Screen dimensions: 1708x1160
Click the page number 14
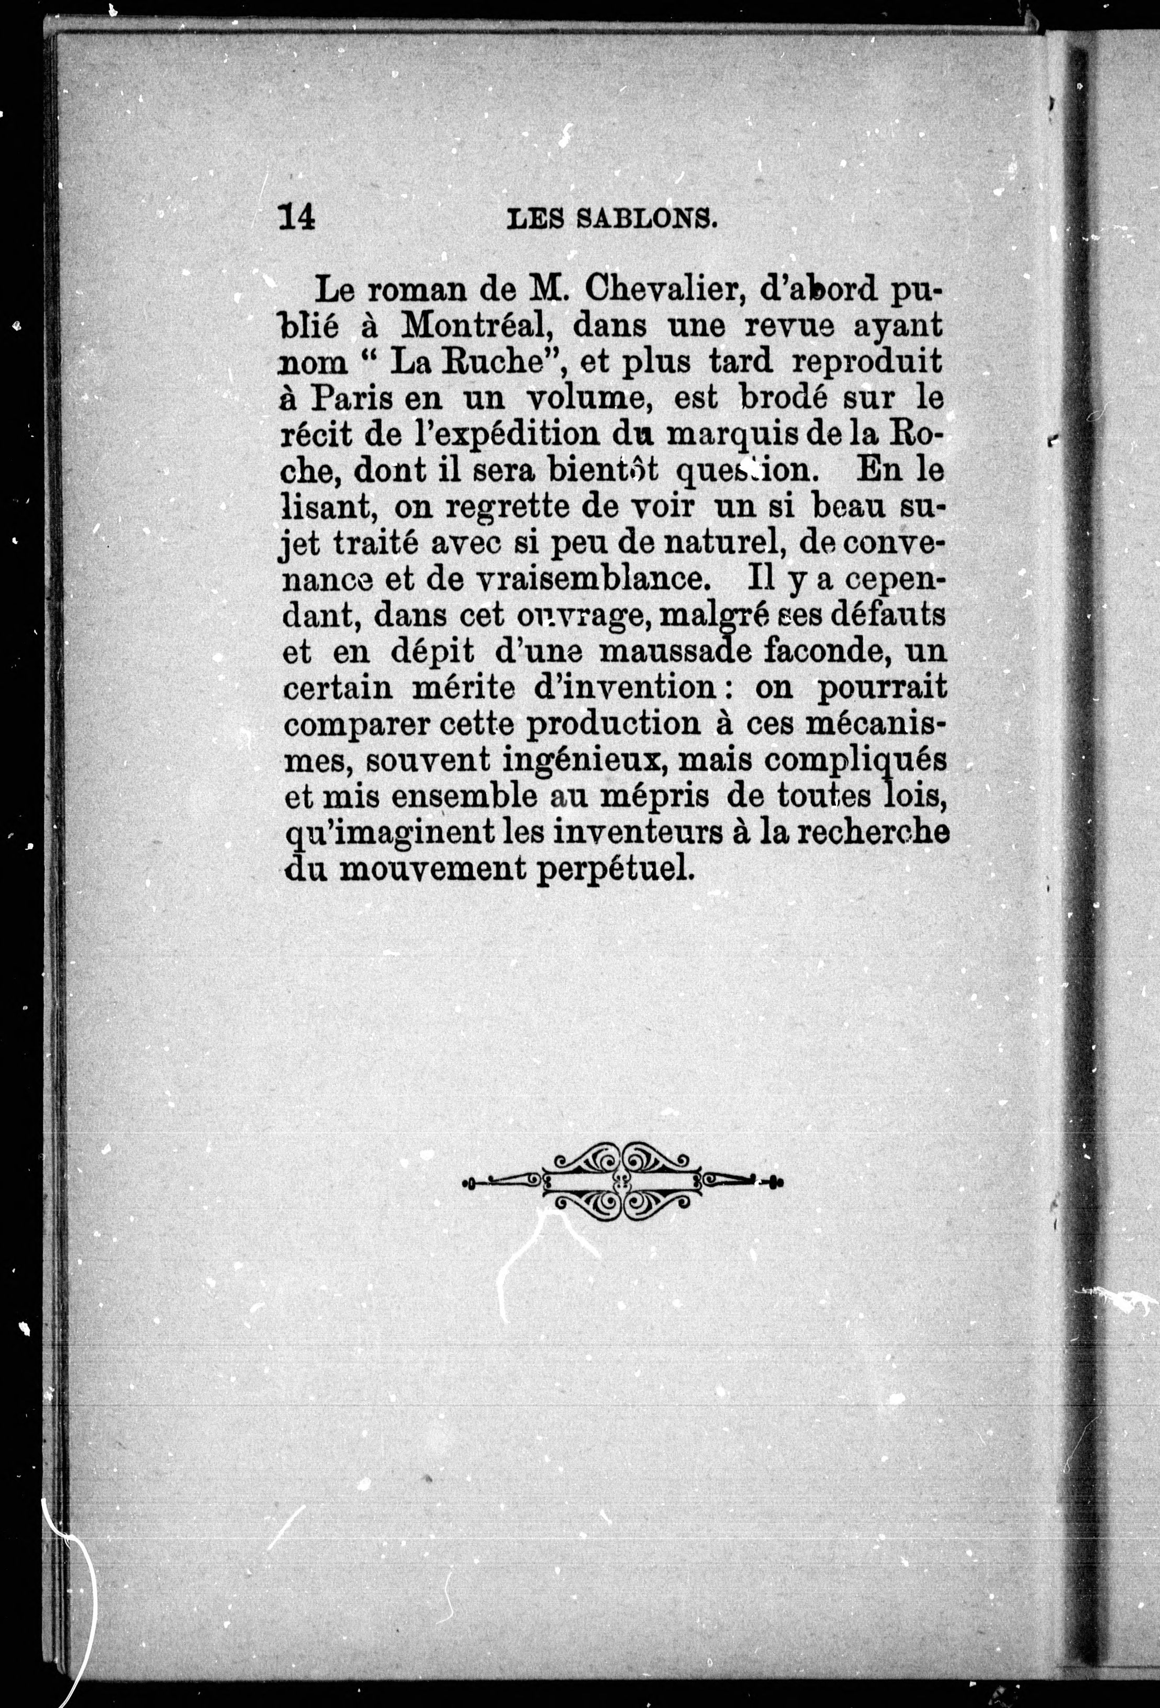coord(297,218)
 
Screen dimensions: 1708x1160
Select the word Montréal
coord(466,325)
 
